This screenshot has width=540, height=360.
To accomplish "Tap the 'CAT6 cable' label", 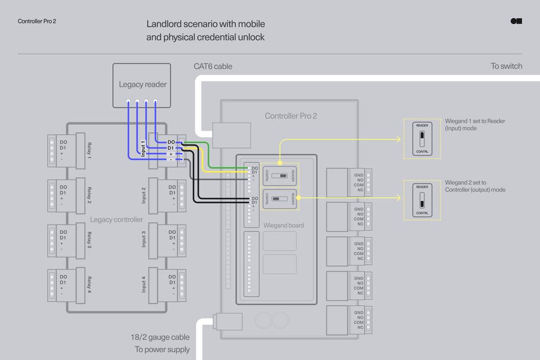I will tap(213, 66).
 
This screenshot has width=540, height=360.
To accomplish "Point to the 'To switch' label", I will tap(506, 66).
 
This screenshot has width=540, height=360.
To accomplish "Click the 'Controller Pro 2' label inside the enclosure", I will tap(291, 116).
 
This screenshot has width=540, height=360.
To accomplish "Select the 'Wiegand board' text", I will tap(283, 226).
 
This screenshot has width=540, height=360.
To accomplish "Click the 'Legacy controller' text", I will tap(117, 219).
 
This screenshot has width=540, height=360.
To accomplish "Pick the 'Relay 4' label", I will tap(89, 285).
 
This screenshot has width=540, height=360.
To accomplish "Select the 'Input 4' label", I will tap(143, 284).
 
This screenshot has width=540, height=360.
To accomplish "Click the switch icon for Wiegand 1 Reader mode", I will tap(422, 139).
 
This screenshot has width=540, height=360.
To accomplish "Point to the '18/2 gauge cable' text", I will tap(160, 337).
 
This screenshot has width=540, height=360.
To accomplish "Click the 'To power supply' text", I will tap(162, 349).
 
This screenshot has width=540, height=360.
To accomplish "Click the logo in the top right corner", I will tap(516, 21).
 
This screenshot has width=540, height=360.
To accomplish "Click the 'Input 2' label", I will tap(143, 194).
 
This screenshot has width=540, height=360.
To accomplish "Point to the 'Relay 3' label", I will tap(89, 240).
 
